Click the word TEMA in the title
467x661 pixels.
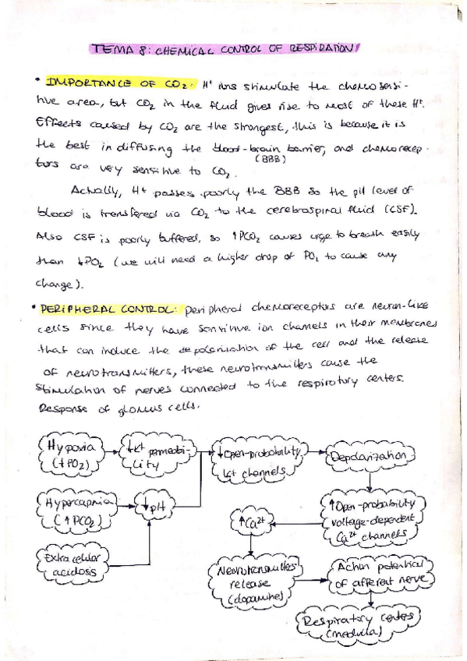tap(107, 48)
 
